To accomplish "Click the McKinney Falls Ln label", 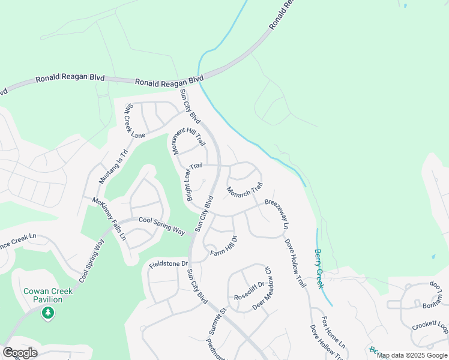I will click(109, 218).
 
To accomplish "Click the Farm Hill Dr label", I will click(224, 247).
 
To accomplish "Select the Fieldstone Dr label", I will click(169, 264).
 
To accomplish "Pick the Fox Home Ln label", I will click(334, 333).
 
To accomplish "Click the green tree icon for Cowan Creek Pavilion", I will click(48, 313).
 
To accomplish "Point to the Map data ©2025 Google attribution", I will click(412, 356).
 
